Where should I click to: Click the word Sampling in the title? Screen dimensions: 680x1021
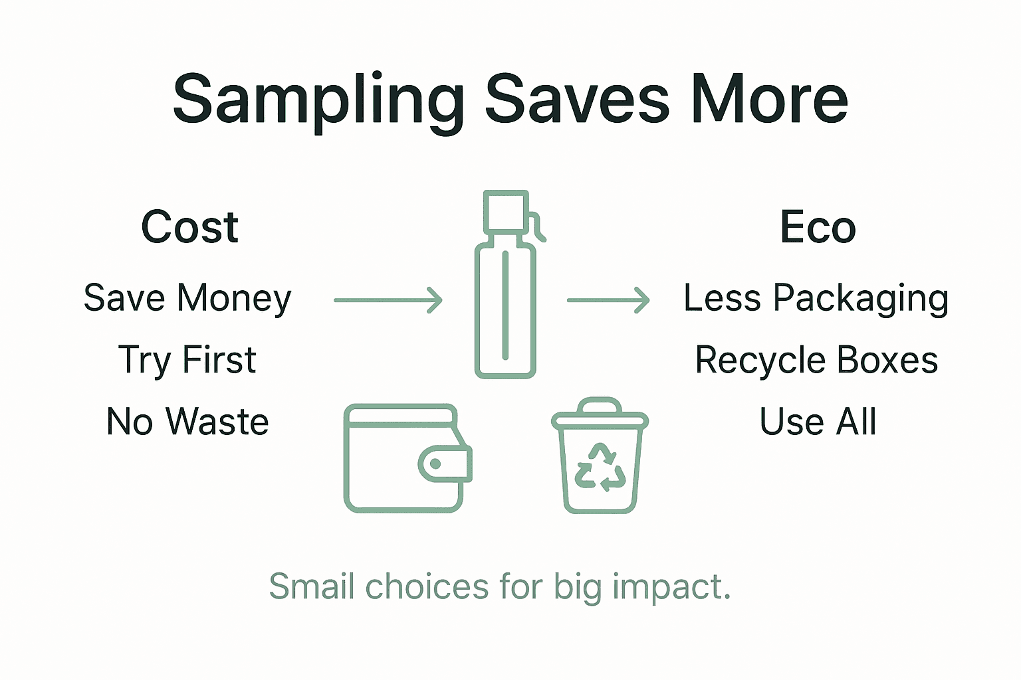click(318, 100)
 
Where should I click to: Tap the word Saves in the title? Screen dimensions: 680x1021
click(577, 100)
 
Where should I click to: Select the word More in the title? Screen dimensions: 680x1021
click(769, 100)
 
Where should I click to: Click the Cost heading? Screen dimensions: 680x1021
click(189, 227)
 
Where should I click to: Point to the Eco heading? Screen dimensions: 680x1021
click(818, 227)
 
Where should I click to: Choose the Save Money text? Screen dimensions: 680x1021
click(187, 298)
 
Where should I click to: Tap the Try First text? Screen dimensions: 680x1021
click(187, 360)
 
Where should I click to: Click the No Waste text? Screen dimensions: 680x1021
click(187, 422)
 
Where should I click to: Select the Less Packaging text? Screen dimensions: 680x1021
click(816, 298)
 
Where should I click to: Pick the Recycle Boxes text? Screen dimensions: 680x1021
click(816, 360)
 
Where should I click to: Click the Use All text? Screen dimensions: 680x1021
click(818, 422)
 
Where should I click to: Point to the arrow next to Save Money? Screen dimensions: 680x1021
click(388, 300)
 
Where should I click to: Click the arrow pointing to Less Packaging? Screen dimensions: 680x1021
click(608, 300)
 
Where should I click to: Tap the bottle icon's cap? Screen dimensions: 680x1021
click(506, 211)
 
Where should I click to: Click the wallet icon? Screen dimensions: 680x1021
click(403, 458)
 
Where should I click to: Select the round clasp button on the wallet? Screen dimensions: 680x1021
click(436, 464)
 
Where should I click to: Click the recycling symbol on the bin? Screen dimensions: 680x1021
click(600, 467)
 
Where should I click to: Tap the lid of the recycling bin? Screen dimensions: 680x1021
click(600, 415)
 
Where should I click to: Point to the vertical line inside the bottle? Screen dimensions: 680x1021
click(506, 305)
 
